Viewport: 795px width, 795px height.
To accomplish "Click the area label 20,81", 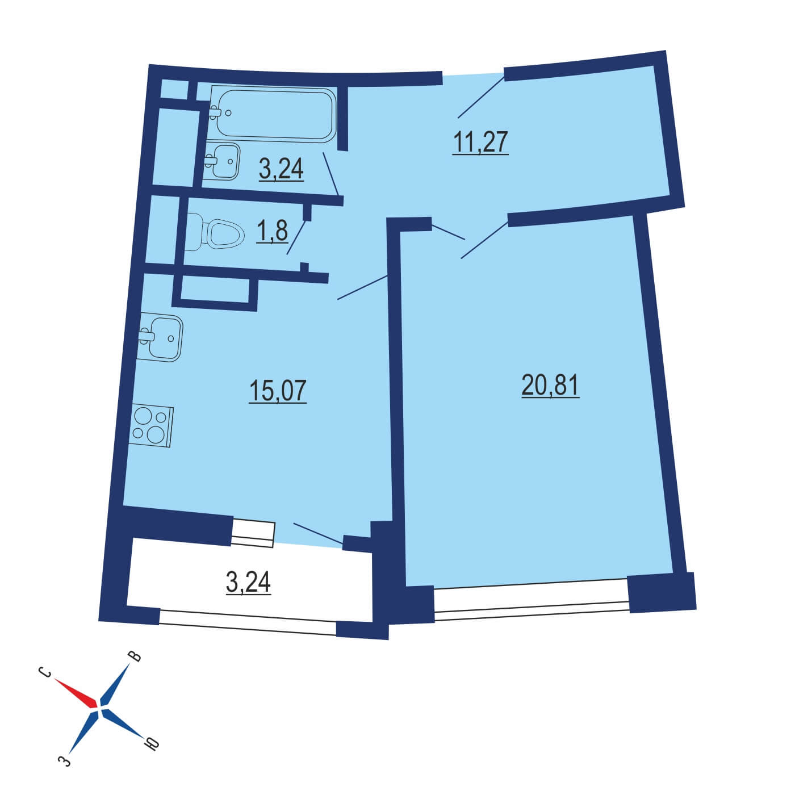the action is (x=550, y=385).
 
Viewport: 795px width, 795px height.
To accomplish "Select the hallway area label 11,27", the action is (x=480, y=142).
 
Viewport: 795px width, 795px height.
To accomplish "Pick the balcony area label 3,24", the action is (x=248, y=582).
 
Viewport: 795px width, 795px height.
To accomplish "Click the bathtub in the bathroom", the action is (x=273, y=114).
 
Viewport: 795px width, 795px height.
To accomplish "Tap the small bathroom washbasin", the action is (x=222, y=161).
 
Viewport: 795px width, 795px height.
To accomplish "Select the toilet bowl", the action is (x=215, y=232).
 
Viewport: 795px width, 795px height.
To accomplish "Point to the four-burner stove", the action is (x=150, y=426).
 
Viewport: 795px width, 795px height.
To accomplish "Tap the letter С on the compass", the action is (x=45, y=672).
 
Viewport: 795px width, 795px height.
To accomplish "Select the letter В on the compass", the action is (x=135, y=656).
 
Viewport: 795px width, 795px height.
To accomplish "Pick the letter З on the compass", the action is (x=64, y=771).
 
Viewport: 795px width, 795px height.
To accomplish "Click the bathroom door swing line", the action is (x=330, y=174).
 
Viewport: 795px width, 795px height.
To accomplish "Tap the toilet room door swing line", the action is (x=296, y=237).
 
